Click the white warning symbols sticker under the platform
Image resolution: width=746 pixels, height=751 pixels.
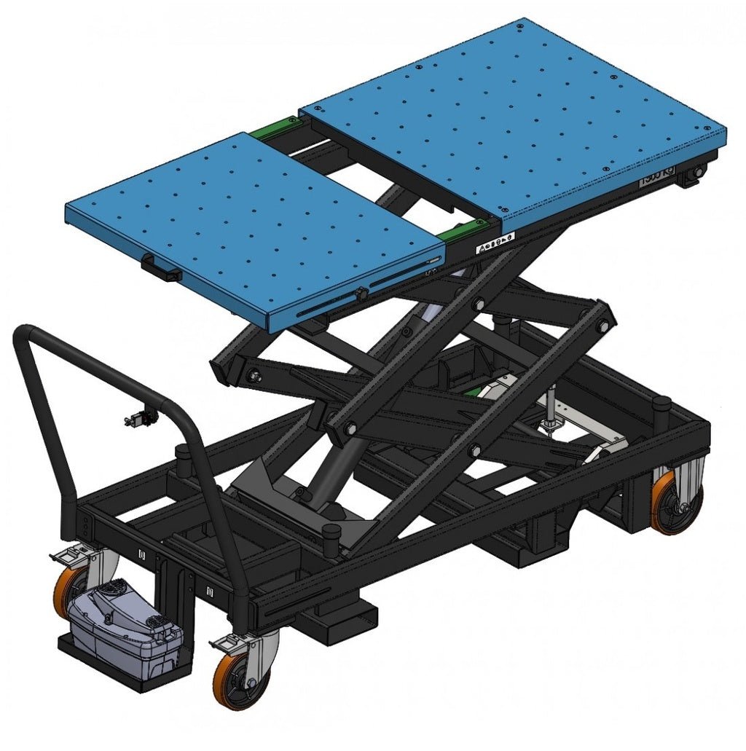tap(495, 244)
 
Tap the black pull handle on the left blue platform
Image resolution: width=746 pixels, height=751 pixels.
tap(162, 269)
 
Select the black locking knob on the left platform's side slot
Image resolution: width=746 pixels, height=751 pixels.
tap(360, 293)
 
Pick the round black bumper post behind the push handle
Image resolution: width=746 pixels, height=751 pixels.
tap(183, 457)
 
